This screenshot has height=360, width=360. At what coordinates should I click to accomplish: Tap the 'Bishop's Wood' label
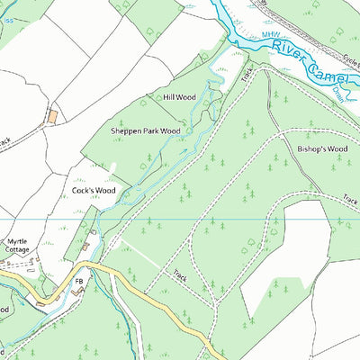coord(321,148)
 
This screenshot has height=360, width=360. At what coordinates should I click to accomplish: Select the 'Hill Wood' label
coord(179,97)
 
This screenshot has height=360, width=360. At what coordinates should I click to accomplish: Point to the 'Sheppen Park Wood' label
coord(145,130)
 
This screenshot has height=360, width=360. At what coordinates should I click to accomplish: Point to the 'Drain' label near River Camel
coord(337,91)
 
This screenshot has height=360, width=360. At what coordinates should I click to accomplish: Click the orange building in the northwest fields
coord(52,116)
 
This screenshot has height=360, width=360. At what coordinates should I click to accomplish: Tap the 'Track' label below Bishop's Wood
coord(349,201)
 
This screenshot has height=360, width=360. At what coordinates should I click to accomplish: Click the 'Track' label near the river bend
coord(247,76)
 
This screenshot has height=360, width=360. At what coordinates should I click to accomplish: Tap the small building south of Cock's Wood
coord(87,244)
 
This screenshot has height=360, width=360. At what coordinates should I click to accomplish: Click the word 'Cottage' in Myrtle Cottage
coord(18,252)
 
